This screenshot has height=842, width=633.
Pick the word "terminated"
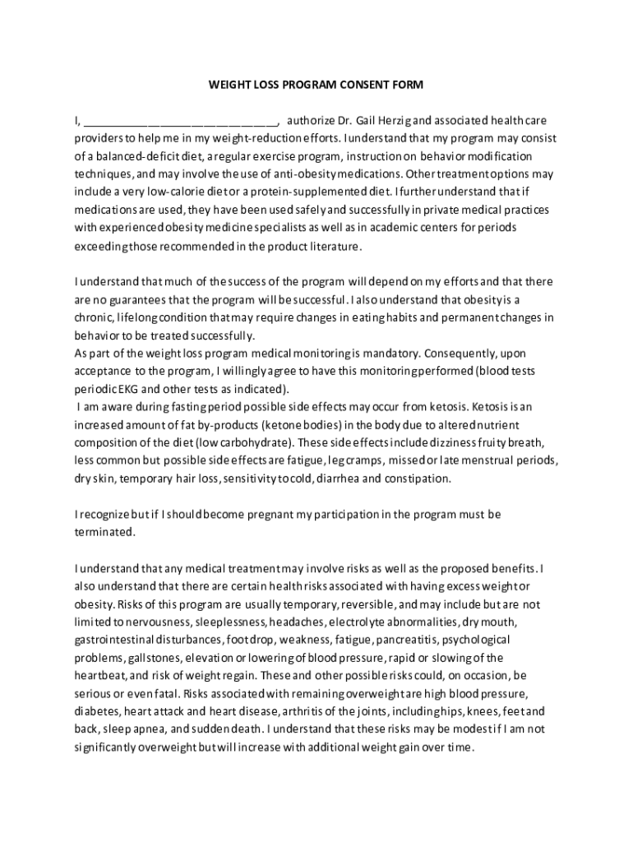(104, 532)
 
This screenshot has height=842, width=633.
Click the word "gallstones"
(155, 658)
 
